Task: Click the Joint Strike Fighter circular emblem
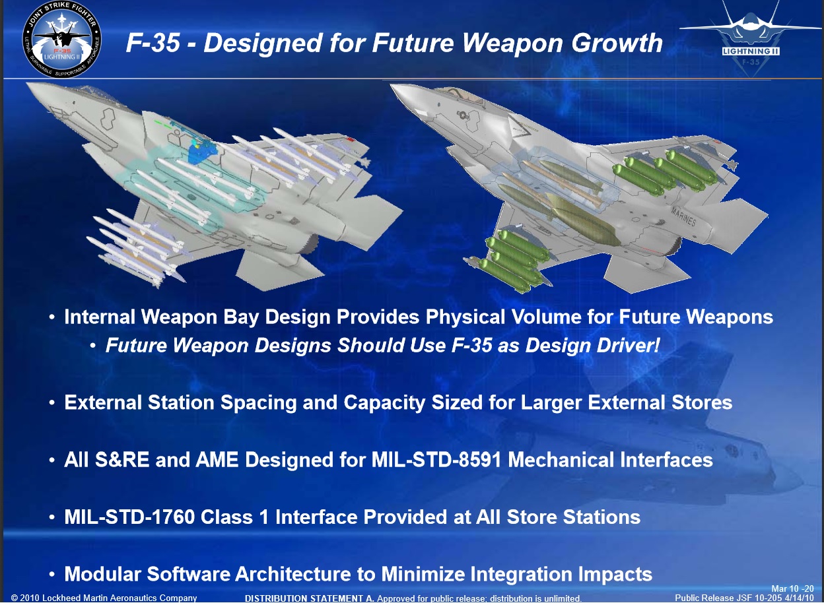coord(62,40)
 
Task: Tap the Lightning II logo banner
coord(751,51)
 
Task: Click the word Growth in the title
coord(617,43)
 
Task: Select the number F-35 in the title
coord(153,43)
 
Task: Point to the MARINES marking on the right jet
coord(683,216)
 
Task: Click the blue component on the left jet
coord(201,151)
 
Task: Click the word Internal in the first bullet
coord(100,317)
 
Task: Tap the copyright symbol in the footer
coord(15,598)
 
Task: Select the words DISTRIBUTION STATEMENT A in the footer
coord(310,598)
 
